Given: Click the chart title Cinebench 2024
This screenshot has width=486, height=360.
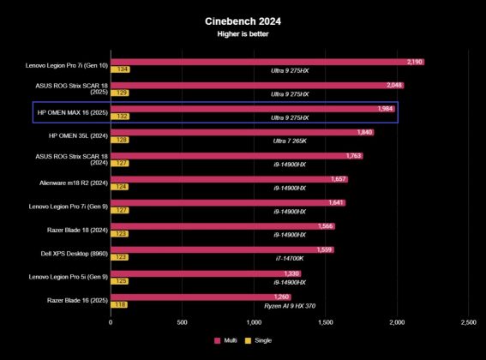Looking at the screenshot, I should tap(243, 21).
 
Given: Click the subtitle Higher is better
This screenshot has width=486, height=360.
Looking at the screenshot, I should tap(243, 36).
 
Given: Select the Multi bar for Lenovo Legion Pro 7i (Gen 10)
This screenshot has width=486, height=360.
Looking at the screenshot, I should tap(267, 62).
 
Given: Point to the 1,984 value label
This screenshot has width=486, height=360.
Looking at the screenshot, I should tap(385, 109).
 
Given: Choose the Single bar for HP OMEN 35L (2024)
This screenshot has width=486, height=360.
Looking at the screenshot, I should tap(119, 140).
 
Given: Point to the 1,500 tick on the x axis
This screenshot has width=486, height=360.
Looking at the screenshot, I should tap(325, 322).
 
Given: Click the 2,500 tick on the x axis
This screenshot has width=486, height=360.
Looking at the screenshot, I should tap(468, 322).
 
